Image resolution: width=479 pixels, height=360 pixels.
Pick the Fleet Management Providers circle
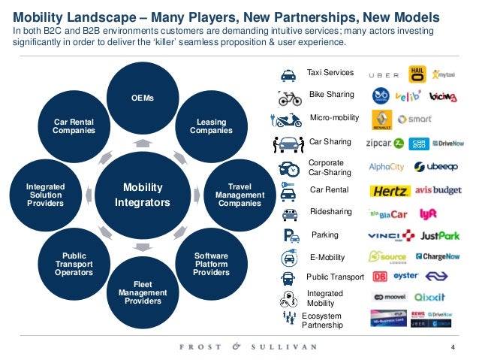point(137,291)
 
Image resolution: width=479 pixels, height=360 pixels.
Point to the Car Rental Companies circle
point(74,126)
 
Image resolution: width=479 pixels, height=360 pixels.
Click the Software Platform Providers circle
point(211,264)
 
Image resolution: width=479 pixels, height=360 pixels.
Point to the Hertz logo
point(387,190)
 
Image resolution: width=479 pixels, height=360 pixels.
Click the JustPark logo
point(439,236)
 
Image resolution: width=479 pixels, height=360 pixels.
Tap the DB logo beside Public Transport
point(380,277)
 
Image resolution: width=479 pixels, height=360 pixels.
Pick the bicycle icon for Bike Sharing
point(289,98)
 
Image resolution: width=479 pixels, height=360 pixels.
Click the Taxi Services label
point(330,73)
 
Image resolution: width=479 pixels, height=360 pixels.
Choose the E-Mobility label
point(327,257)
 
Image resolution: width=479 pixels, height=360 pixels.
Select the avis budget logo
point(437,190)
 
